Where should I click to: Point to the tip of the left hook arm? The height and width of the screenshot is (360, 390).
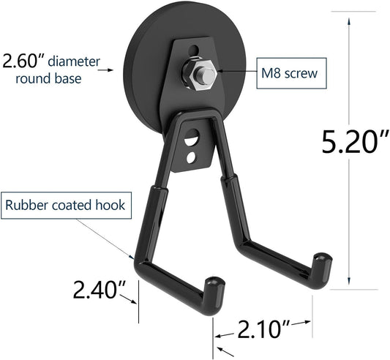pos(211,282)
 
